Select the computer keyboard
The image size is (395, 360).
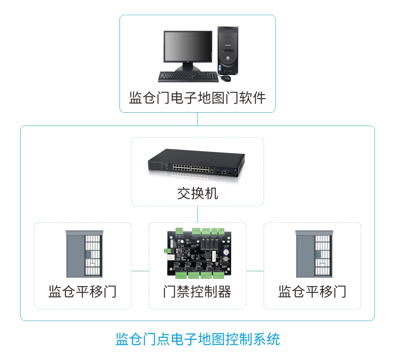tap(188, 77)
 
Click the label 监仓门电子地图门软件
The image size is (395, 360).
tap(197, 98)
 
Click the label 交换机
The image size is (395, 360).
tap(197, 193)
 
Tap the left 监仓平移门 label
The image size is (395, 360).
tap(82, 292)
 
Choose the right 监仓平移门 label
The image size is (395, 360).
tap(312, 292)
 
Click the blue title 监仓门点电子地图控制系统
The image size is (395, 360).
tap(197, 339)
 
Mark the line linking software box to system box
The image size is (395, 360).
tap(197, 119)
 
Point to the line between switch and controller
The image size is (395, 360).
tap(197, 214)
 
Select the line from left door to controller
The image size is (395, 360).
tap(140, 271)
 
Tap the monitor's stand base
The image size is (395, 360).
tap(188, 68)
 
